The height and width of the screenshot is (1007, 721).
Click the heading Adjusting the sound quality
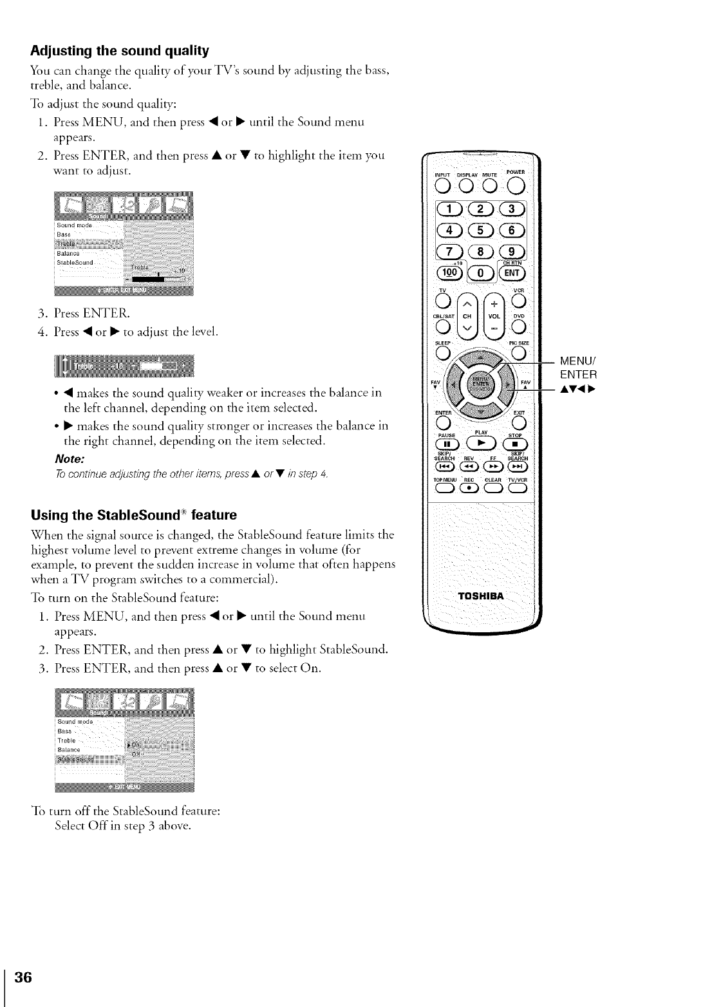pos(120,50)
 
